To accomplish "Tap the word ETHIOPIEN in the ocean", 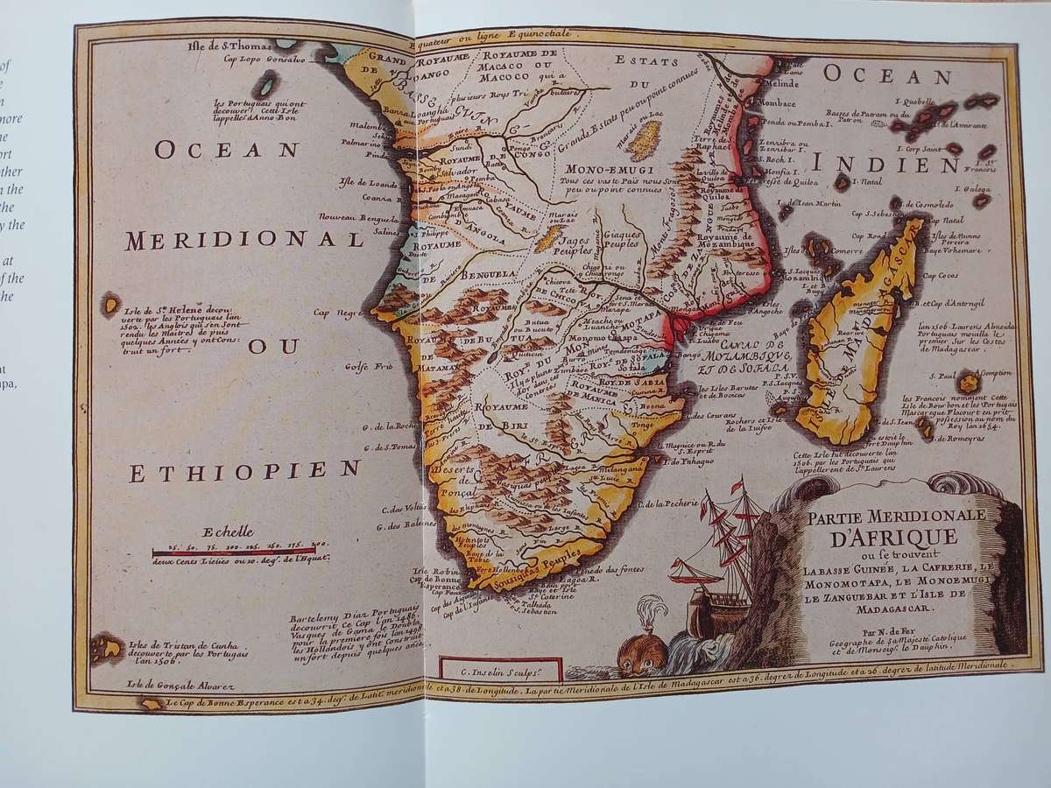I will coord(246,471).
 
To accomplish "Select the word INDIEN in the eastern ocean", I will coord(902,164).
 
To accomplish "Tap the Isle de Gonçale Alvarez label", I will coord(170,685).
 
